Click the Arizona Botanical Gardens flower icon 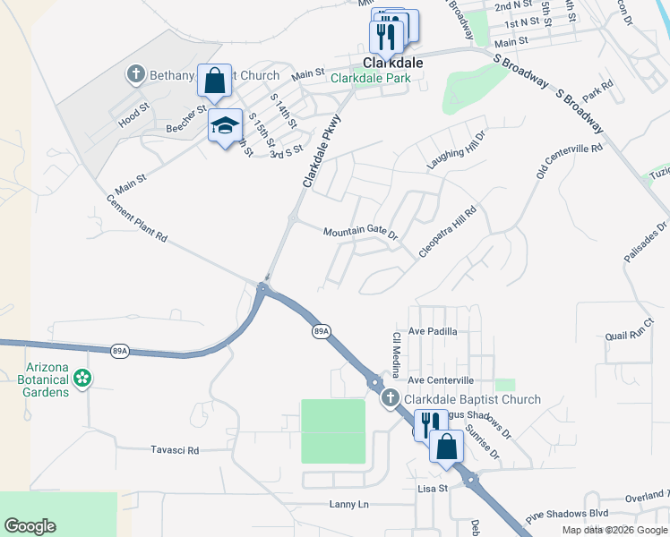coord(82,379)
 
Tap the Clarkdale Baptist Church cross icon coord(390,398)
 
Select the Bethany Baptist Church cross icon coord(136,74)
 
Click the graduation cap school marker coord(225,125)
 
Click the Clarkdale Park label coord(371,79)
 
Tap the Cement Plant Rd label coord(137,218)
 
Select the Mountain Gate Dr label coord(360,232)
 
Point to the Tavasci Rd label coord(175,450)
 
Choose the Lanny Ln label coord(348,505)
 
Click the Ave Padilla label coord(433,331)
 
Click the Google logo coord(30,525)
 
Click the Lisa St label coord(432,490)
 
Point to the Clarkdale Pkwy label coord(322,151)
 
